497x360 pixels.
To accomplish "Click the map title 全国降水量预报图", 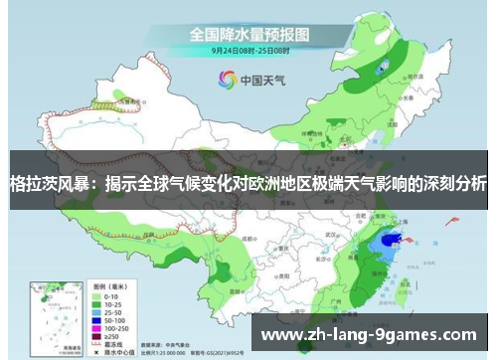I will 249,33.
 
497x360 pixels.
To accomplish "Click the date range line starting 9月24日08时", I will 249,49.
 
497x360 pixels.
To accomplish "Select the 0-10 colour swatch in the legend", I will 98,295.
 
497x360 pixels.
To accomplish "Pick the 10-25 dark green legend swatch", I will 98,303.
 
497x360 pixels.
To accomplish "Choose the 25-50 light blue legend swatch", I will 98,311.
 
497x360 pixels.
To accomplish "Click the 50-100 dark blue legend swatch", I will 98,319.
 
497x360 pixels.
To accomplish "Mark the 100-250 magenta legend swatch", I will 98,327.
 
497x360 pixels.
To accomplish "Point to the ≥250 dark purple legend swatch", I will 98,335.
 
